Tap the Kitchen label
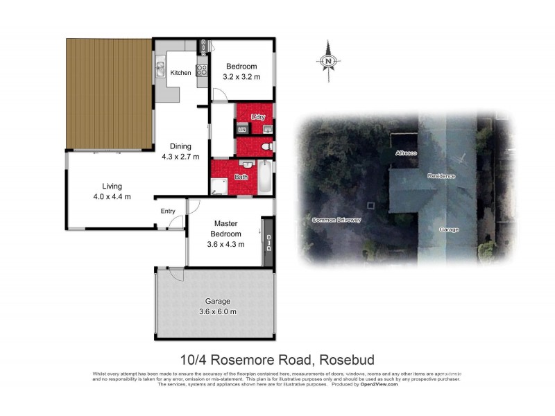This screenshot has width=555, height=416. click(x=181, y=73)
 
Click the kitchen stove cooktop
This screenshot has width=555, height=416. click(x=202, y=70)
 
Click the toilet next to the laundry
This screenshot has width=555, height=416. click(x=266, y=147)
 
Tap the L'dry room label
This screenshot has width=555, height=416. click(x=259, y=116)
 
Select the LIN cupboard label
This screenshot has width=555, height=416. click(x=242, y=130)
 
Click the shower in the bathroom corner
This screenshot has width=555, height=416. click(x=219, y=185)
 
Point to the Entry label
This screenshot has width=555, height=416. click(x=168, y=211)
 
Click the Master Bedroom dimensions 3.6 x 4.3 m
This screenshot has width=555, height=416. click(x=226, y=243)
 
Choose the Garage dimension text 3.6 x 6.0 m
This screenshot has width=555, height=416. click(x=217, y=311)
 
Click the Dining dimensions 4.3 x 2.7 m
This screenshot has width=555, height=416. click(x=180, y=156)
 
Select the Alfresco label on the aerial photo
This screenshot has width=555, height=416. click(x=406, y=153)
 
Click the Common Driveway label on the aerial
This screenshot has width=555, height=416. click(x=337, y=220)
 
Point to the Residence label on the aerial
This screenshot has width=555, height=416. click(x=441, y=176)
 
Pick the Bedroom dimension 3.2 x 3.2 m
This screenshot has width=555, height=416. click(x=241, y=76)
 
